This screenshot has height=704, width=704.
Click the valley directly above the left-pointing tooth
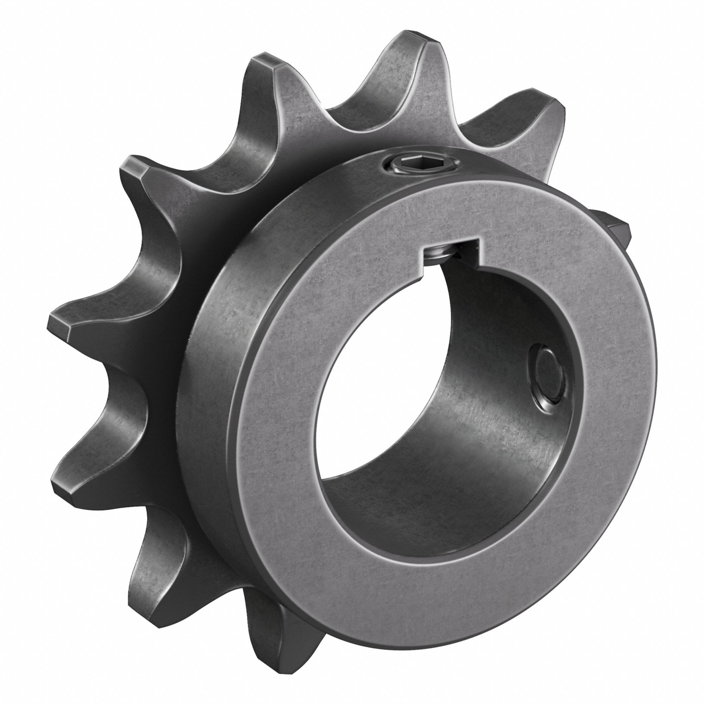click(x=146, y=255)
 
